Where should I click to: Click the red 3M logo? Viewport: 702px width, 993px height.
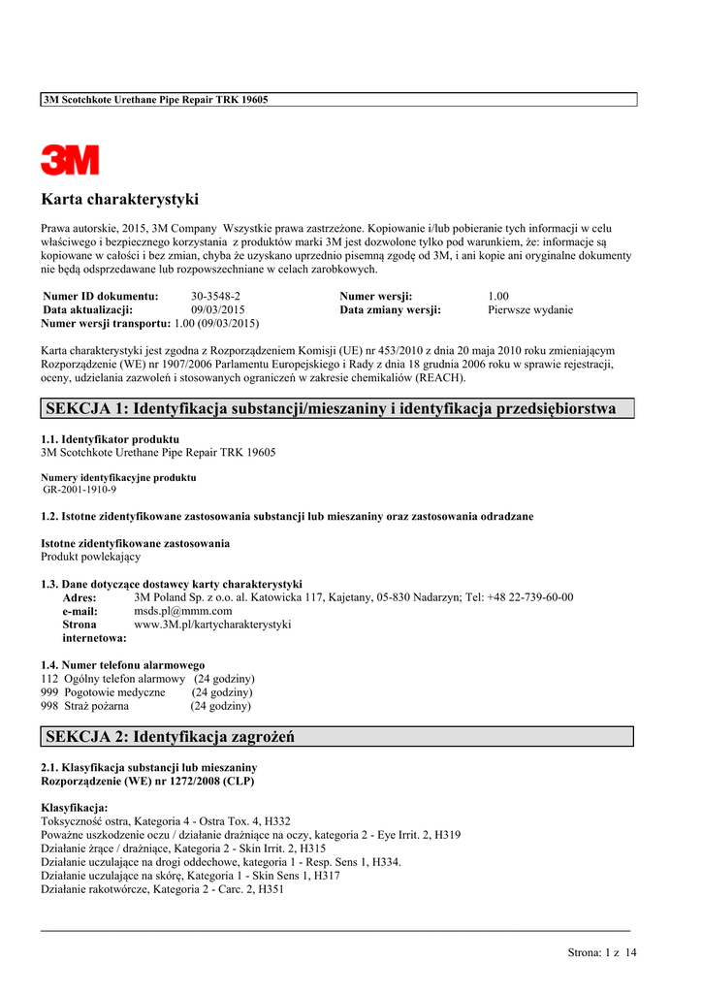[x=70, y=160]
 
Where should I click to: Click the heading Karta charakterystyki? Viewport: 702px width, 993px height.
[x=119, y=200]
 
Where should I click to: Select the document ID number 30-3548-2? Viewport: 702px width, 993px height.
[x=215, y=296]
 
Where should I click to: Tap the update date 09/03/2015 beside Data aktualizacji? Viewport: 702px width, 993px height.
[x=218, y=310]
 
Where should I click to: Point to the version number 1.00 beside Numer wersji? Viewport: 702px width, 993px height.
[x=498, y=296]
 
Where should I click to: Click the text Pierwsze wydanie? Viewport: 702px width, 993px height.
[x=529, y=310]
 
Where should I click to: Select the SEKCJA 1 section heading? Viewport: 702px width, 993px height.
[x=331, y=408]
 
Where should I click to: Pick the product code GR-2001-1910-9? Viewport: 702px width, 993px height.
[x=80, y=490]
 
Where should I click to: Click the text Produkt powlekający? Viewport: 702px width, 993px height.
[x=90, y=557]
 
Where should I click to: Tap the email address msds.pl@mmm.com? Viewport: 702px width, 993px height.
[x=182, y=611]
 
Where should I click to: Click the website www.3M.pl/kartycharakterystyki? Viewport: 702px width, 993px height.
[x=212, y=625]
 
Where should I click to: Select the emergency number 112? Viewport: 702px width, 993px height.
[x=49, y=679]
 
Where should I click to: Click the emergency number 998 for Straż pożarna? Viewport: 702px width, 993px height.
[x=49, y=706]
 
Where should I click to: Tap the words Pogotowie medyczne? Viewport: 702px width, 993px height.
[x=114, y=692]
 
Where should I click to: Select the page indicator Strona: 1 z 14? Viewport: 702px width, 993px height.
[x=601, y=953]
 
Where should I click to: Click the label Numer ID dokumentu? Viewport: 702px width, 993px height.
[x=101, y=296]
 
